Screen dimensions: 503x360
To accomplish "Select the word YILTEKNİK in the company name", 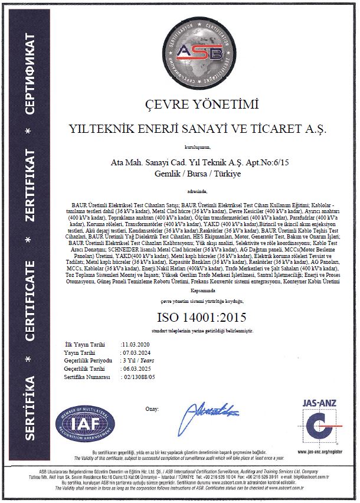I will (x=100, y=128).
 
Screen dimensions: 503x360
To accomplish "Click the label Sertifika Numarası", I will (x=89, y=374).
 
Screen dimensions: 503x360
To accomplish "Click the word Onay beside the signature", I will (x=152, y=408).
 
